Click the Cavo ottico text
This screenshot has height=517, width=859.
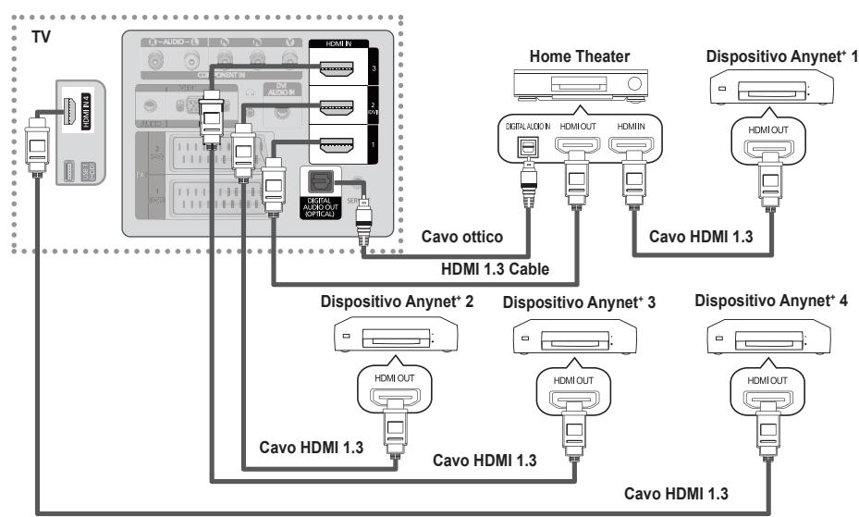point(462,237)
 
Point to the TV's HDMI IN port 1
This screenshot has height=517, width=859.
point(337,144)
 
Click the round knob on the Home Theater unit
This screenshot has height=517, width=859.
point(634,85)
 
